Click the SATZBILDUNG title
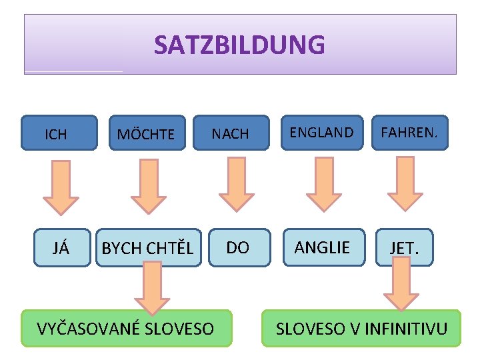(x=240, y=45)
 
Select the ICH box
(x=57, y=133)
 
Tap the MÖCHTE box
(x=145, y=133)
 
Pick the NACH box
(x=231, y=133)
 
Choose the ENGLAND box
(x=322, y=132)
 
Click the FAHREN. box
(x=409, y=132)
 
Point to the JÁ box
(x=61, y=248)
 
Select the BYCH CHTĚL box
(x=148, y=248)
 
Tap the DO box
(x=238, y=247)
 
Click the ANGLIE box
(x=323, y=247)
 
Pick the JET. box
(x=404, y=248)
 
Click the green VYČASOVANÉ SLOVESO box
(x=126, y=328)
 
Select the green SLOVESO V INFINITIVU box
(x=361, y=328)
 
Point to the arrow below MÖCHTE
(x=148, y=187)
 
